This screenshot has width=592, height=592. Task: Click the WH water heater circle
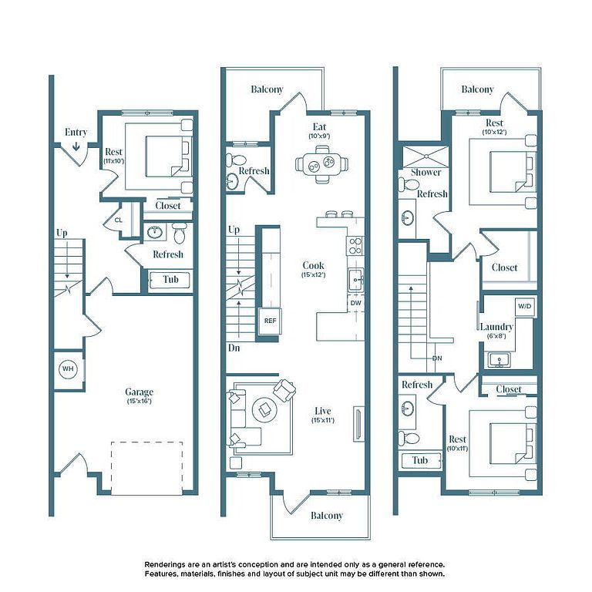(68, 369)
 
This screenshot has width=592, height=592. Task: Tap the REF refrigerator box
(270, 321)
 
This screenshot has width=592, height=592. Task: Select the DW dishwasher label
(355, 303)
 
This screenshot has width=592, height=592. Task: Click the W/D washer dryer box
(524, 306)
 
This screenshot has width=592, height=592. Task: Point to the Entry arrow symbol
(76, 146)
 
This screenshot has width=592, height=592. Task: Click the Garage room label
(139, 392)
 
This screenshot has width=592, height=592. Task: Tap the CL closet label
(119, 220)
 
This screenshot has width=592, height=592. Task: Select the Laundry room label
(496, 327)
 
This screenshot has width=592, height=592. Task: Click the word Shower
(425, 172)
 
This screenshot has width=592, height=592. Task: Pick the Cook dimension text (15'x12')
(314, 275)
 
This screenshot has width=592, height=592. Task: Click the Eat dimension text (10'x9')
(319, 136)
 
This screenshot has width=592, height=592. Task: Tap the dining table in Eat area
(322, 165)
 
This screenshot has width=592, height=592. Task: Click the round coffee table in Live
(264, 409)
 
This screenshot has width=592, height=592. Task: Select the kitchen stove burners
(355, 246)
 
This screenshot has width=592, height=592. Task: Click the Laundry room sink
(499, 360)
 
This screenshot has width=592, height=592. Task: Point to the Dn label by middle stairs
(234, 348)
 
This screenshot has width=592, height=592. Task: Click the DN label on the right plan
(437, 358)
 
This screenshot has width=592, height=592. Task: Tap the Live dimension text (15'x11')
(323, 420)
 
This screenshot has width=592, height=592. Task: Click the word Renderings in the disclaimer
(165, 565)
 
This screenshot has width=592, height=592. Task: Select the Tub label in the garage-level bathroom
(170, 279)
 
